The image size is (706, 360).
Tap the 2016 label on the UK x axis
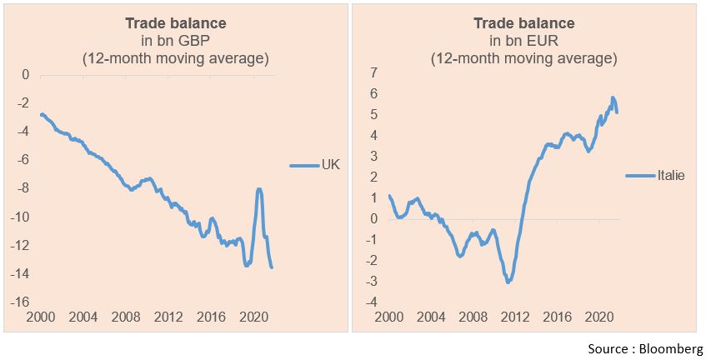point(210,317)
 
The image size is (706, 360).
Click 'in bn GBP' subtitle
point(174,40)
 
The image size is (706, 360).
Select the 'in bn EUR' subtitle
point(523,40)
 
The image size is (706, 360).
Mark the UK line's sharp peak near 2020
point(259,190)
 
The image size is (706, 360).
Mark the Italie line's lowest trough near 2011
point(508,282)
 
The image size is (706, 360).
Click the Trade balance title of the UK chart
point(174,22)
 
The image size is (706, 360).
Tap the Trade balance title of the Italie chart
point(523,22)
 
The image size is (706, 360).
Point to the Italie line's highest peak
point(613,98)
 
